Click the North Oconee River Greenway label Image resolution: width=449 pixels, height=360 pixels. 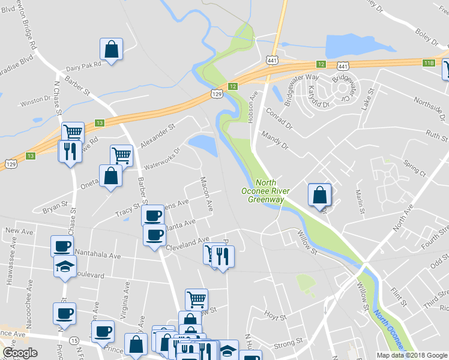265,191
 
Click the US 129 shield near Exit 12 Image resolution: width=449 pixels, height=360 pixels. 217,94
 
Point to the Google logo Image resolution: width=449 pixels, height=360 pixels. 20,353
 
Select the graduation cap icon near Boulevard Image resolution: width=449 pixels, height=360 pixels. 65,268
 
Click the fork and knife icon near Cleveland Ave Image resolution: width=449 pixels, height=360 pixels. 223,257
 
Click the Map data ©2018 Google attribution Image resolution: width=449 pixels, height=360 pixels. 412,355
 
